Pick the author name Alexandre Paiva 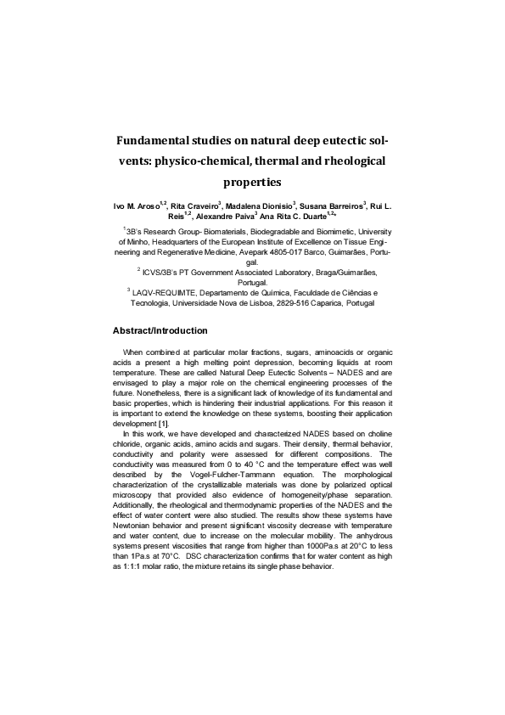[224, 217]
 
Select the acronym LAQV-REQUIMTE [165, 292]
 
